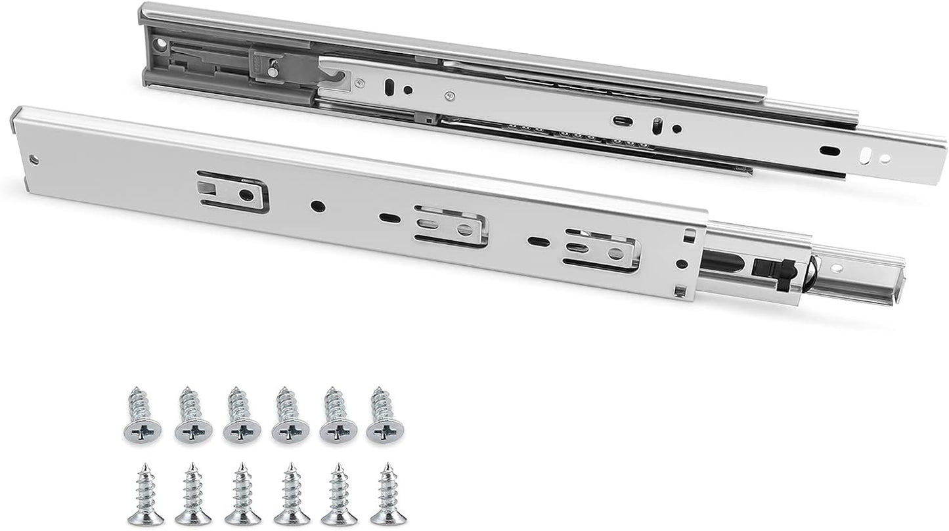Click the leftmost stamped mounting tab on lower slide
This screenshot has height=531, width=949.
coord(233,192)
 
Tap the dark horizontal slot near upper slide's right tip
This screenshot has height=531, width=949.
coord(831,150)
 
